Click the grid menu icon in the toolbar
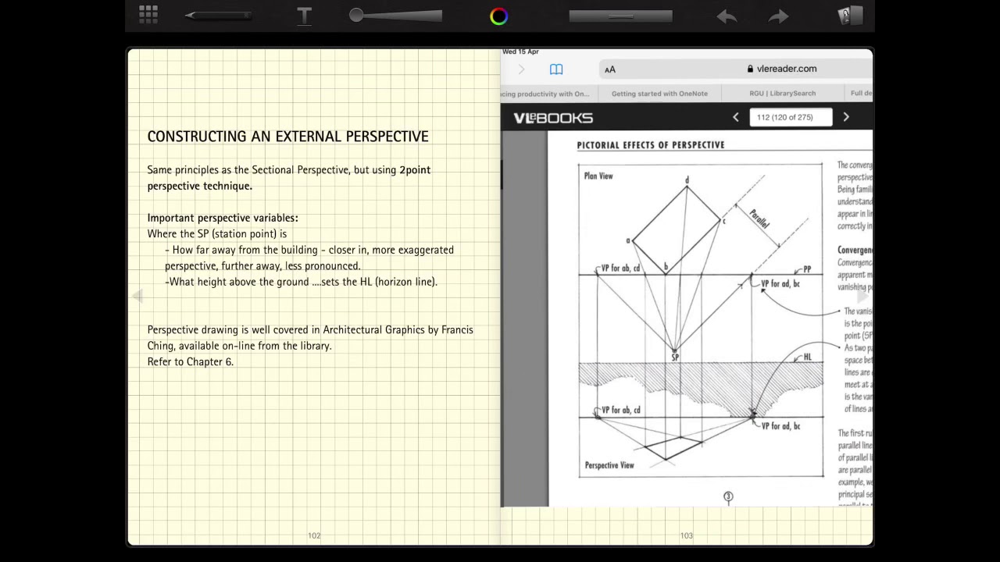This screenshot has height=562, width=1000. [x=148, y=14]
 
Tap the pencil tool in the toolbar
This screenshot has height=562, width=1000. [x=218, y=16]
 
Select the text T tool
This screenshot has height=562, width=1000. [x=304, y=16]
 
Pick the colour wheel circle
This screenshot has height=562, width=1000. [x=498, y=16]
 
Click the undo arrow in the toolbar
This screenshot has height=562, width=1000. [x=727, y=16]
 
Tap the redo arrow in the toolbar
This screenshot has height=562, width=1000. [x=778, y=16]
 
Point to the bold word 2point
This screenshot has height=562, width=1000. [x=415, y=170]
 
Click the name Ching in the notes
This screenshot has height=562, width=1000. [x=160, y=346]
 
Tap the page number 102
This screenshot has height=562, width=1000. [x=314, y=535]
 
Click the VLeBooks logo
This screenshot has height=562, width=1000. [x=553, y=118]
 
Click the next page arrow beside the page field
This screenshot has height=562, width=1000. [x=846, y=117]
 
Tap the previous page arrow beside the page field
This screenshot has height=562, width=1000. [x=735, y=117]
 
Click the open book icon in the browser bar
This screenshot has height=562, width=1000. [x=556, y=69]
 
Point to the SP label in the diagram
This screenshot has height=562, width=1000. [x=675, y=357]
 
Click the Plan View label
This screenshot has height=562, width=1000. [x=598, y=176]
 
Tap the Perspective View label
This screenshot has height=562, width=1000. [x=609, y=465]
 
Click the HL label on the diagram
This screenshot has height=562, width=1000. [x=808, y=357]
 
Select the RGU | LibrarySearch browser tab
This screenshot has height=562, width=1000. [x=782, y=94]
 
